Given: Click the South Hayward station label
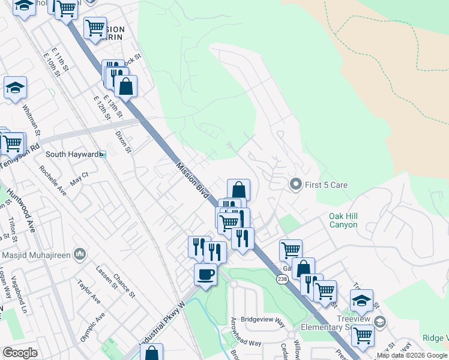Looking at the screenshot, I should [72, 154].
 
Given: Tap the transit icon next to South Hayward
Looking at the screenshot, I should [103, 155].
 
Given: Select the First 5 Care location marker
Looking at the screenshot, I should [295, 185].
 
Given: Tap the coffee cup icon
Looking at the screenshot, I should [205, 275].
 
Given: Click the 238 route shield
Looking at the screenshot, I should [282, 279].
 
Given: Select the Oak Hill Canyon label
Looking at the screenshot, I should [343, 220].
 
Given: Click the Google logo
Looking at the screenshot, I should [20, 352].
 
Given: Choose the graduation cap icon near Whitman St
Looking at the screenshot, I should [16, 88].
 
